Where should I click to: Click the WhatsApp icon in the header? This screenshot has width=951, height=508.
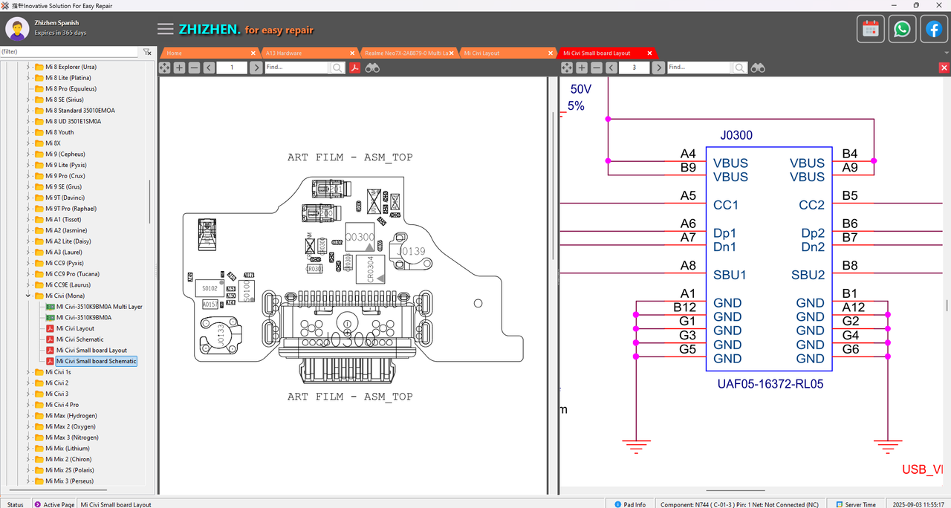pyautogui.click(x=902, y=30)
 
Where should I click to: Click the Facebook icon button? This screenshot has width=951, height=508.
pyautogui.click(x=933, y=30)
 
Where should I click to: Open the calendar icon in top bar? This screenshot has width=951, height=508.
pyautogui.click(x=871, y=30)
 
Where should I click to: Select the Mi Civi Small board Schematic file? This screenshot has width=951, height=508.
pyautogui.click(x=96, y=361)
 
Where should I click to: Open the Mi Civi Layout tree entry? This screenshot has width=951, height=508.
pyautogui.click(x=75, y=328)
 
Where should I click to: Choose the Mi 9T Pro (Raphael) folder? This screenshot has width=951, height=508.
pyautogui.click(x=71, y=209)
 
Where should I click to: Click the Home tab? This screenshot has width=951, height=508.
pyautogui.click(x=175, y=53)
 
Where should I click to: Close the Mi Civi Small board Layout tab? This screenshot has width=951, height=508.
pyautogui.click(x=649, y=53)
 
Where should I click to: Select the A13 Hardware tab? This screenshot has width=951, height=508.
pyautogui.click(x=284, y=53)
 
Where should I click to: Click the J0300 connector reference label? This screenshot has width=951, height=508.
pyautogui.click(x=736, y=136)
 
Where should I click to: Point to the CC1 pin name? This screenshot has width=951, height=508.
pyautogui.click(x=725, y=205)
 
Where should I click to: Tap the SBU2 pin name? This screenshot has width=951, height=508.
pyautogui.click(x=808, y=275)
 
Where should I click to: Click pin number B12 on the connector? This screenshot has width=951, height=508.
pyautogui.click(x=684, y=307)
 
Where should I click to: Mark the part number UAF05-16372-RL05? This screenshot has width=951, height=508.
pyautogui.click(x=770, y=385)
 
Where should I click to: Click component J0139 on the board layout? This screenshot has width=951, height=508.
pyautogui.click(x=411, y=252)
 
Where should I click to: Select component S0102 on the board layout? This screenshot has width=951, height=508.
pyautogui.click(x=210, y=288)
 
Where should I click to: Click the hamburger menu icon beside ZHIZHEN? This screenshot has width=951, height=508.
pyautogui.click(x=166, y=30)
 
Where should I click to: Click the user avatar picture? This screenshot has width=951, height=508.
pyautogui.click(x=17, y=30)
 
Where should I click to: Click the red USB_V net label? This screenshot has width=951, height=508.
pyautogui.click(x=922, y=469)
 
